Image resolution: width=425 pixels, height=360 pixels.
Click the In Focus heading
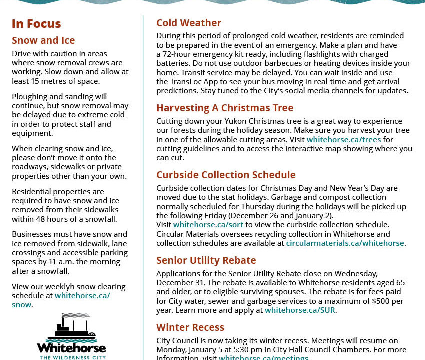pyautogui.click(x=36, y=24)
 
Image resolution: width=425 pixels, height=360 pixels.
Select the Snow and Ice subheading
pyautogui.click(x=43, y=41)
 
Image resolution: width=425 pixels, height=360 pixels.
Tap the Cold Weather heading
pyautogui.click(x=189, y=23)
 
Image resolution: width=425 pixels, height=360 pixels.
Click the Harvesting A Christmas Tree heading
pyautogui.click(x=225, y=108)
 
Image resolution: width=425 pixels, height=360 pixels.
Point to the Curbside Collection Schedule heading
pyautogui.click(x=226, y=175)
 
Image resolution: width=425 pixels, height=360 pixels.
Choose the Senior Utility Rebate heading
pyautogui.click(x=206, y=261)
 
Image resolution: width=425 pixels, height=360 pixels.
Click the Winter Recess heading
pyautogui.click(x=190, y=328)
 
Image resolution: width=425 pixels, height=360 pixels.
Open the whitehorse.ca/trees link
pyautogui.click(x=344, y=140)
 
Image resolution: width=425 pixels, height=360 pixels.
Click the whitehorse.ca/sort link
pyautogui.click(x=208, y=225)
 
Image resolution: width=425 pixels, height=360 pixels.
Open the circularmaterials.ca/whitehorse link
pyautogui.click(x=345, y=243)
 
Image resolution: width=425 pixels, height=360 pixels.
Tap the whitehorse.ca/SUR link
pyautogui.click(x=300, y=310)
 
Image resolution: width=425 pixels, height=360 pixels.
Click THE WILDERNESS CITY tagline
pyautogui.click(x=71, y=357)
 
